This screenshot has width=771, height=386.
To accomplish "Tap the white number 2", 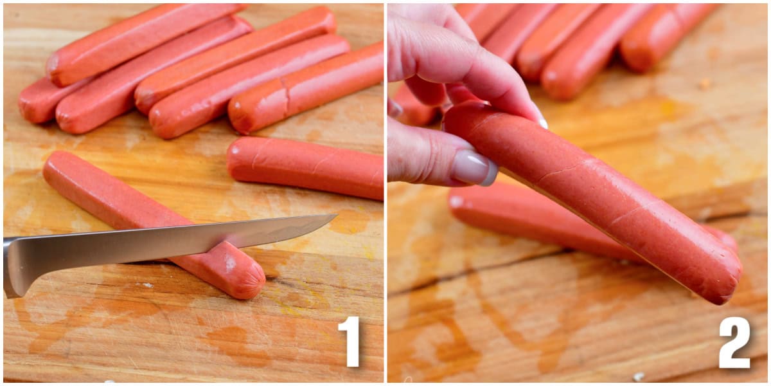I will click(x=734, y=342).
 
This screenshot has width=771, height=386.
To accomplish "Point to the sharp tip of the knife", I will click(x=333, y=217).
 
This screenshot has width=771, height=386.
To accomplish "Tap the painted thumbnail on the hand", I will click(x=474, y=167).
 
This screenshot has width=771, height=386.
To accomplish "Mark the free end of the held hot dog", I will click(x=723, y=277).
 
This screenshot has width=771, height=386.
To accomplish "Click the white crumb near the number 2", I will click(x=639, y=376).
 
